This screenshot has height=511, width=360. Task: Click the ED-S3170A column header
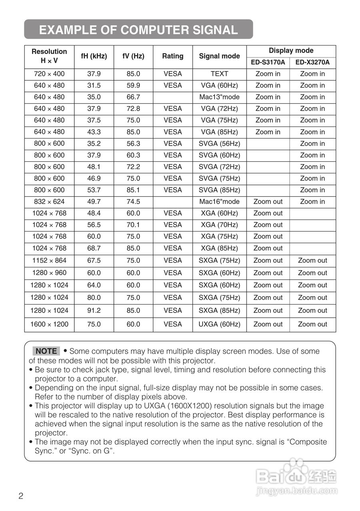coord(268,62)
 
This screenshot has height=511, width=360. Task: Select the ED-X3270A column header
coord(312,62)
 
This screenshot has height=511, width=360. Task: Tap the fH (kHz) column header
coord(94,56)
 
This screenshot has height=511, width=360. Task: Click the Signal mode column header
coord(219,56)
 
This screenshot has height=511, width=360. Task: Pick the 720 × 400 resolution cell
coord(49,74)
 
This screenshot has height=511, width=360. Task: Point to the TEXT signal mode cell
coord(219,74)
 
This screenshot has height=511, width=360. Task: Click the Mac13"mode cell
coord(219,97)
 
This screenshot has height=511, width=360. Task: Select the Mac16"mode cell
coord(219,202)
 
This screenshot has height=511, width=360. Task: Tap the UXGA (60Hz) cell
coord(219,324)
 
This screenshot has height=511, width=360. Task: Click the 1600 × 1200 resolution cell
coord(49,324)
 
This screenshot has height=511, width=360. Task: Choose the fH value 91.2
coord(94,310)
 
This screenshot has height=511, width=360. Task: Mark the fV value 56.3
coord(133,143)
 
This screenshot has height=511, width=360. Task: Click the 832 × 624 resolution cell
coord(49,202)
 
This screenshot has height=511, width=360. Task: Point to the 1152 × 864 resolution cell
coord(49,260)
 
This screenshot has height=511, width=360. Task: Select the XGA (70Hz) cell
coord(219,225)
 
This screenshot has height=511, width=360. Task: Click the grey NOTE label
coord(46,351)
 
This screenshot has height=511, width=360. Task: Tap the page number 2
coord(21,496)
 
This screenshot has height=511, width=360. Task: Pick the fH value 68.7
coord(94,248)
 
